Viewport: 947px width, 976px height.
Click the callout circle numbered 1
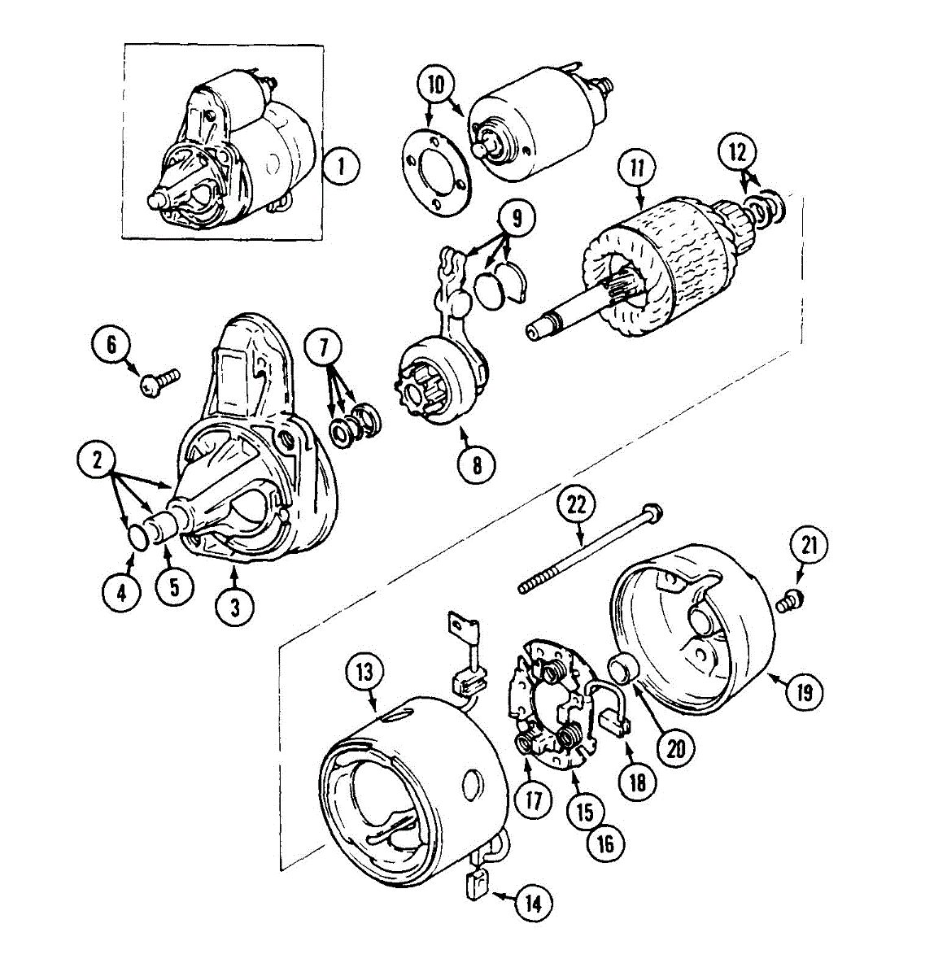341,168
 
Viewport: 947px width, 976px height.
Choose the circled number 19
804,692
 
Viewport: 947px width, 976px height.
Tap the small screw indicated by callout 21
788,603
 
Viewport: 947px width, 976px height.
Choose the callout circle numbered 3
233,607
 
